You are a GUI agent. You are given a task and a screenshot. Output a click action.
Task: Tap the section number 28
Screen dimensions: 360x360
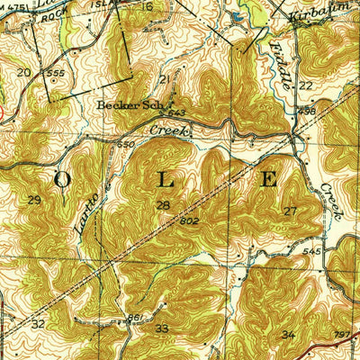[x=163, y=206]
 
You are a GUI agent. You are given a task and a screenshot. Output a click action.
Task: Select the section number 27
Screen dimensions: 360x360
[x=289, y=211]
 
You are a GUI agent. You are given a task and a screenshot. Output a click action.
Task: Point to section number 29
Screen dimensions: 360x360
[x=34, y=199]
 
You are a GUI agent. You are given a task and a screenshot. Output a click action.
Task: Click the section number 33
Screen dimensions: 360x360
[x=162, y=328]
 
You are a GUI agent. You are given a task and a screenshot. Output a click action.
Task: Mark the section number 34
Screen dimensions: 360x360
[x=288, y=335]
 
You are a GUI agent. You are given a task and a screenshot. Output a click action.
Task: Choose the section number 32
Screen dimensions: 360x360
[x=38, y=322]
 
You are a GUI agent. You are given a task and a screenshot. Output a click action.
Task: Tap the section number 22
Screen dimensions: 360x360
[x=306, y=85]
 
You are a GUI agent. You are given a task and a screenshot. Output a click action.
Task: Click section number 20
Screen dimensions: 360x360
[x=23, y=71]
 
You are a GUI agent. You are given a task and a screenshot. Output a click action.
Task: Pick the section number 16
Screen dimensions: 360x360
[x=147, y=6]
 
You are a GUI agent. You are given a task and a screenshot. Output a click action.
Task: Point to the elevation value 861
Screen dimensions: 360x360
[x=133, y=318]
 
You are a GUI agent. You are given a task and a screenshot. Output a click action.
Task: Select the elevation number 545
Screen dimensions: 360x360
[x=310, y=251]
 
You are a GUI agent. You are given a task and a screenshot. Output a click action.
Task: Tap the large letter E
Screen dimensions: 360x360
[x=268, y=178]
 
